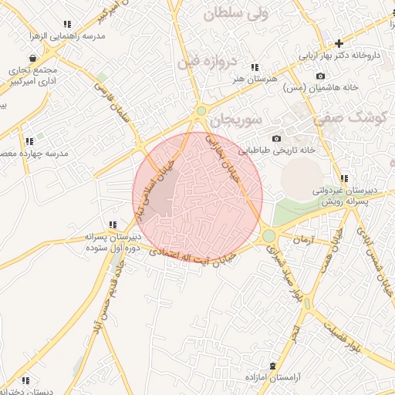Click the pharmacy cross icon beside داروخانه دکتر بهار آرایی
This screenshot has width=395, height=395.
pyautogui.click(x=338, y=43)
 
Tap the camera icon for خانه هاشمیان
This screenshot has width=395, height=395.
pyautogui.click(x=321, y=76)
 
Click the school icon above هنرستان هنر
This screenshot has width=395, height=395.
pyautogui.click(x=255, y=68)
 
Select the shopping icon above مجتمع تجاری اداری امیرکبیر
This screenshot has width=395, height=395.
pyautogui.click(x=32, y=58)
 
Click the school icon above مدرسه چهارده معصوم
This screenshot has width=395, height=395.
pyautogui.click(x=29, y=141)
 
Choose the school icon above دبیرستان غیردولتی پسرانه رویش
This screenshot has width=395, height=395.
pyautogui.click(x=343, y=178)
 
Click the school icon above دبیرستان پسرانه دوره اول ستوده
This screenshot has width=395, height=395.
pyautogui.click(x=113, y=225)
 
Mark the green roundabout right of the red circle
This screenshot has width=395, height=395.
pyautogui.click(x=268, y=235)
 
